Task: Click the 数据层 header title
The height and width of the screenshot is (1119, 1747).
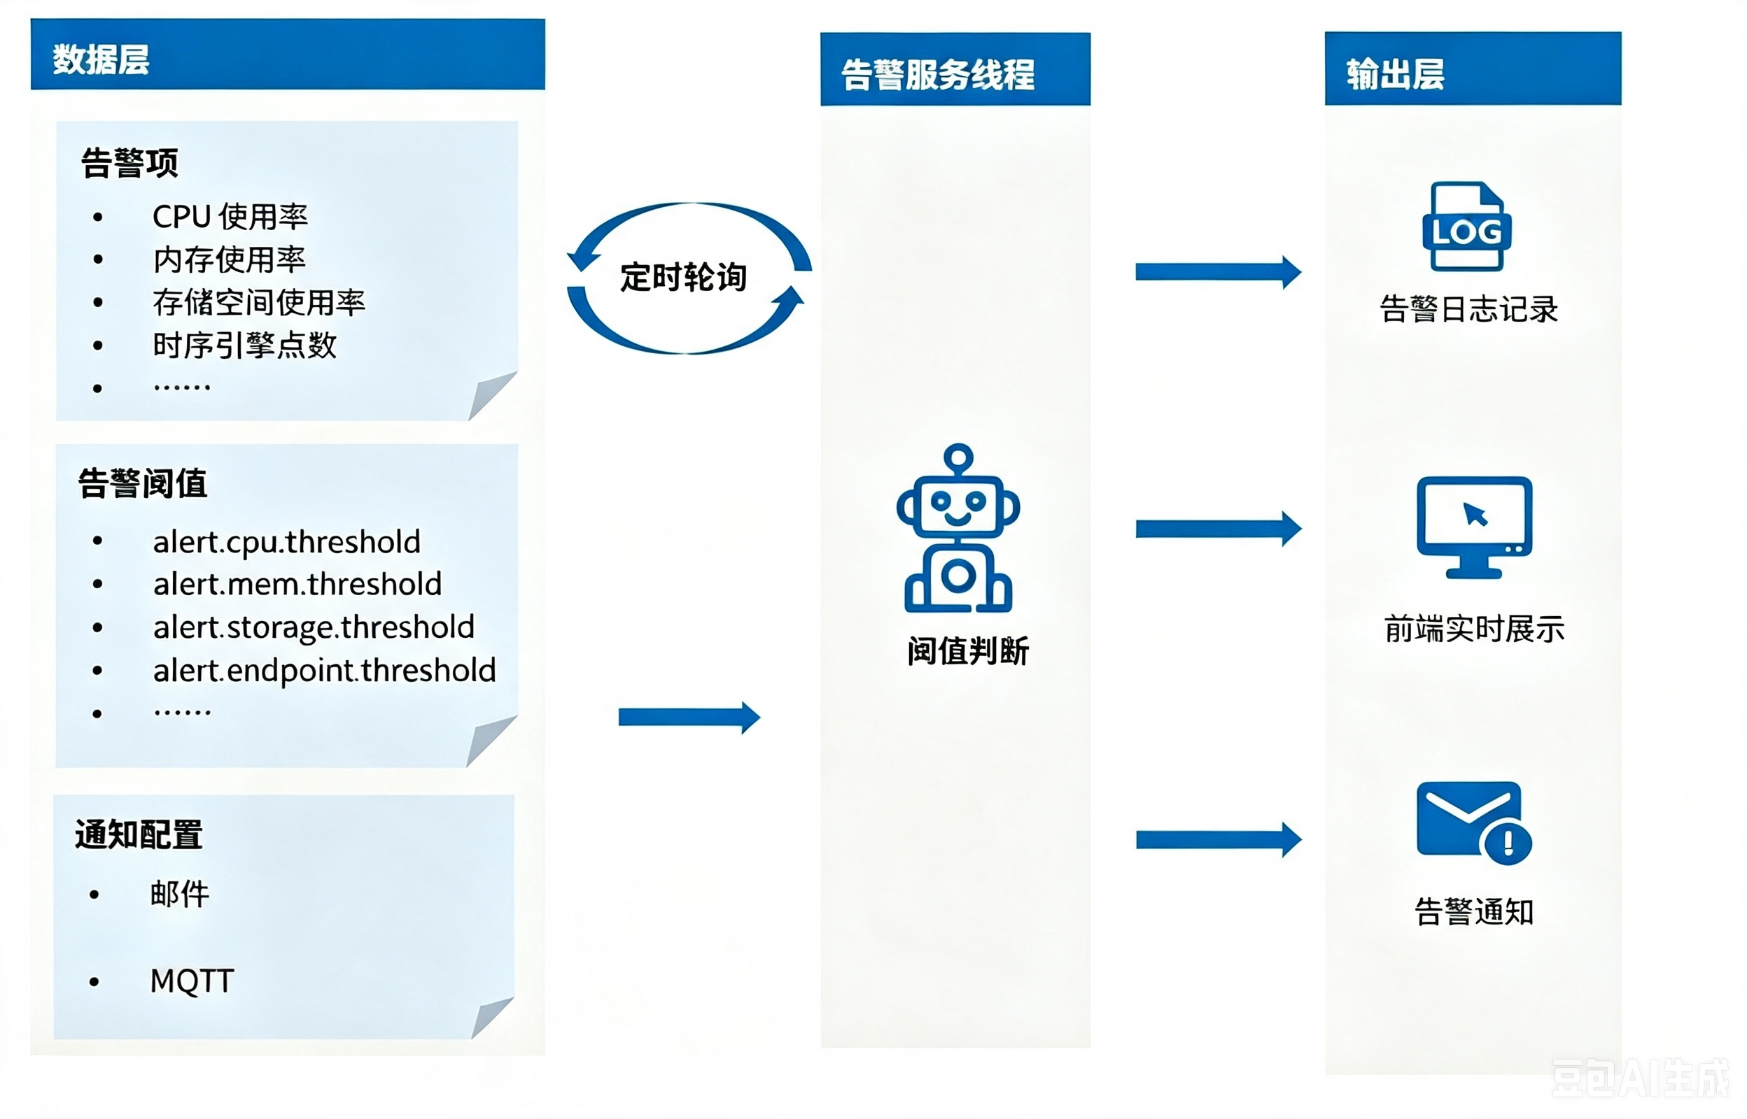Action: pyautogui.click(x=101, y=59)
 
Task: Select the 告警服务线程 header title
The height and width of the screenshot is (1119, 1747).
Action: pyautogui.click(x=938, y=74)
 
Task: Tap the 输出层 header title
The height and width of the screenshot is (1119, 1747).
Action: pyautogui.click(x=1395, y=74)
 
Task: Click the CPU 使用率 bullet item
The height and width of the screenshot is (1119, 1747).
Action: pyautogui.click(x=230, y=217)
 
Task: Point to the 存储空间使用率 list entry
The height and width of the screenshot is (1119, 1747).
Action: pyautogui.click(x=259, y=302)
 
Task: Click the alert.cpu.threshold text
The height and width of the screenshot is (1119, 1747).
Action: pyautogui.click(x=286, y=542)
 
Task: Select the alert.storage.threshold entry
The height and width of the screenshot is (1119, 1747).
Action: pyautogui.click(x=314, y=627)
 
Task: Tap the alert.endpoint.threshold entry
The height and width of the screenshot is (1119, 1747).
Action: pyautogui.click(x=324, y=670)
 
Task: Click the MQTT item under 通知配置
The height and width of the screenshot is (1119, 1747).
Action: pyautogui.click(x=192, y=981)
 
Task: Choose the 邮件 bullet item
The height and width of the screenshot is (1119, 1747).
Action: pyautogui.click(x=180, y=894)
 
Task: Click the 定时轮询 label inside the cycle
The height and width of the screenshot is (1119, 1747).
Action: pyautogui.click(x=683, y=278)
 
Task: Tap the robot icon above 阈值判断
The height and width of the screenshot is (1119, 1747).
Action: pyautogui.click(x=958, y=528)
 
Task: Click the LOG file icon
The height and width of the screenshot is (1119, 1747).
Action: pyautogui.click(x=1466, y=226)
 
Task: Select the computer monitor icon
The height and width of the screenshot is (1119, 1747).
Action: pyautogui.click(x=1474, y=527)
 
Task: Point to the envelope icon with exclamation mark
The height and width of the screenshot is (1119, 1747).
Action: pyautogui.click(x=1474, y=822)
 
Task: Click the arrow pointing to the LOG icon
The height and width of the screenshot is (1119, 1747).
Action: pyautogui.click(x=1219, y=273)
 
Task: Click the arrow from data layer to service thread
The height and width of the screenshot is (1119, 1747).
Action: pyautogui.click(x=689, y=718)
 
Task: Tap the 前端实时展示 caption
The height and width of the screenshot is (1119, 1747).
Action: pyautogui.click(x=1474, y=629)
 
